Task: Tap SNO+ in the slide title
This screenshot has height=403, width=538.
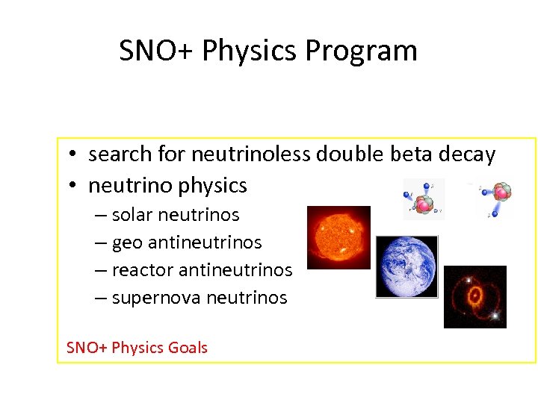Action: [157, 51]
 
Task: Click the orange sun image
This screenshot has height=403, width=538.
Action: [338, 237]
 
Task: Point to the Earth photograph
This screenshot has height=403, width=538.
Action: [406, 266]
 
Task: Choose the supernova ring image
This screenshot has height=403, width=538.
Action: [474, 296]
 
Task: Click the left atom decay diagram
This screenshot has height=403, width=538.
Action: [423, 199]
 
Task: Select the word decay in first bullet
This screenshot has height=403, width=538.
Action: [466, 155]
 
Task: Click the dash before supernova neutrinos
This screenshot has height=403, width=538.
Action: [101, 298]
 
